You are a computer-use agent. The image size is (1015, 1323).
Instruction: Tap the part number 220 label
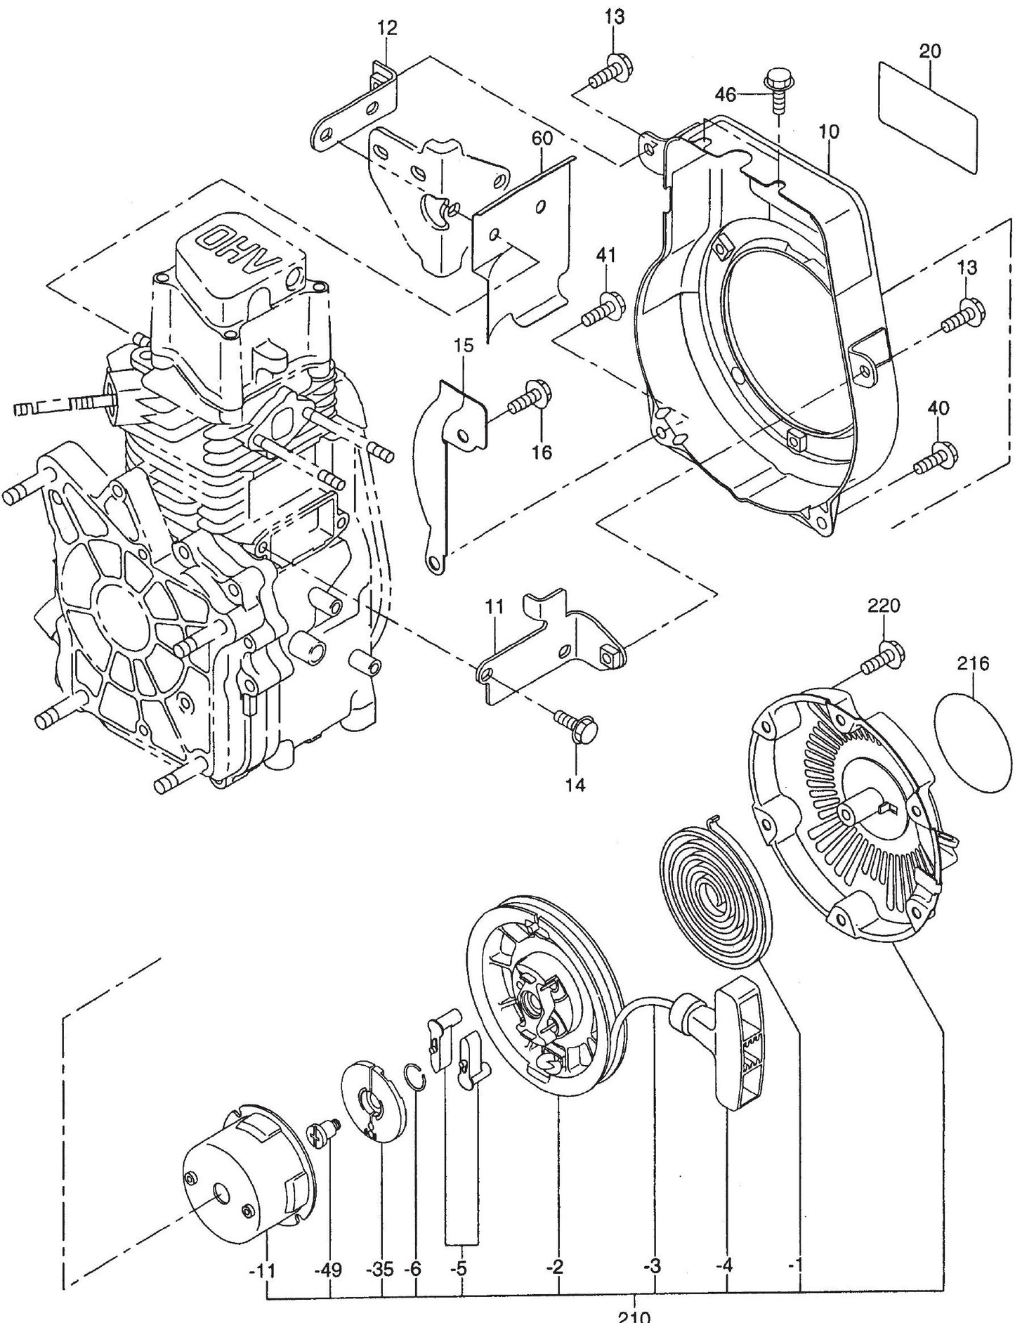pyautogui.click(x=883, y=605)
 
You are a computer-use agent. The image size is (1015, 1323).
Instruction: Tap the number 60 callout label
pyautogui.click(x=542, y=138)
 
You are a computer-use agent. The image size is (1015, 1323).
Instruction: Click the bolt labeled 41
pyautogui.click(x=601, y=310)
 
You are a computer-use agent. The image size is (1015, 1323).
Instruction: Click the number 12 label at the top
pyautogui.click(x=386, y=29)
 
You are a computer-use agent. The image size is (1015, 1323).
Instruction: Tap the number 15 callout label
pyautogui.click(x=464, y=345)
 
